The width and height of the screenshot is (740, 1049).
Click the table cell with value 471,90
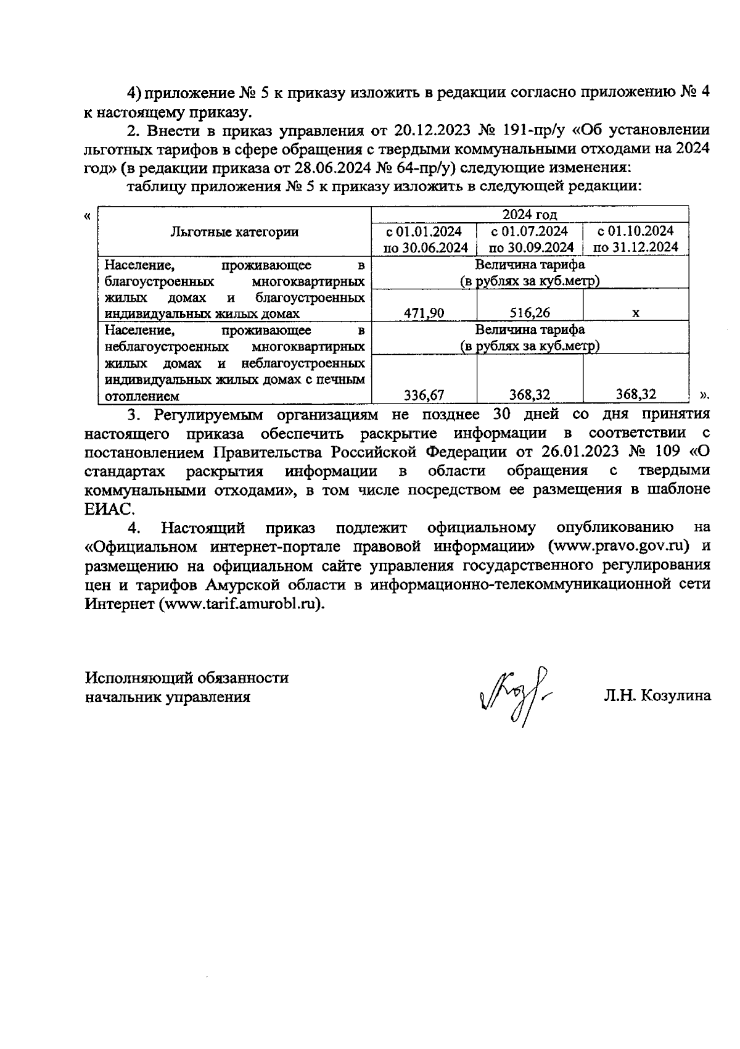[424, 313]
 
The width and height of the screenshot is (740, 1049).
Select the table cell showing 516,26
[530, 313]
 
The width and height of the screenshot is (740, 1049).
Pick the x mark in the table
[635, 313]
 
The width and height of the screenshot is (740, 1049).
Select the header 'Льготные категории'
[234, 232]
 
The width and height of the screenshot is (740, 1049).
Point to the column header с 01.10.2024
[635, 239]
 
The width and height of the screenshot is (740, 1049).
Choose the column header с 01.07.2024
[530, 239]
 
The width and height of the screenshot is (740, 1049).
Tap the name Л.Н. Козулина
[657, 696]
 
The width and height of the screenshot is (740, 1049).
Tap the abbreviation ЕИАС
[105, 509]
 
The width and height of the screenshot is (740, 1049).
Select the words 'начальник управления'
[167, 697]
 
